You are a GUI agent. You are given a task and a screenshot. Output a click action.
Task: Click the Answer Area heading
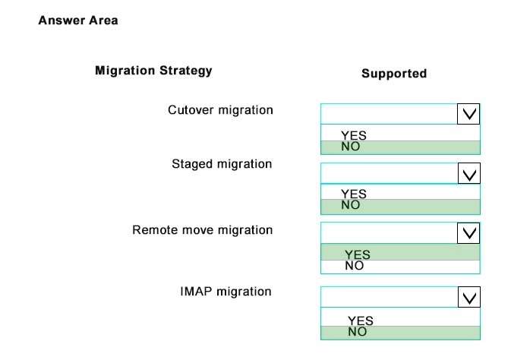click(x=78, y=21)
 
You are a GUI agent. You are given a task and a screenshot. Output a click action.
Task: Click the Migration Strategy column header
click(x=153, y=71)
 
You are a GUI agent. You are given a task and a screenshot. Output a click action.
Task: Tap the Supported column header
click(x=394, y=74)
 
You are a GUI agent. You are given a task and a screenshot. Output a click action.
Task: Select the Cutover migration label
click(x=220, y=110)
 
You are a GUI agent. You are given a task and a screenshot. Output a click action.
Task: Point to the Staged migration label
click(x=222, y=164)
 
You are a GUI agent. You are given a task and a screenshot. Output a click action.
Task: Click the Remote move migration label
click(x=203, y=230)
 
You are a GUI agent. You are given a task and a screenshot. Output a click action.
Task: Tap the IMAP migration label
click(x=226, y=291)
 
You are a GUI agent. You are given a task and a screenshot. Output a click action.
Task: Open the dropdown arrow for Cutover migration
click(x=468, y=114)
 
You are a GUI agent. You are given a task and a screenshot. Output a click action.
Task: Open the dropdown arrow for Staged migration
click(x=469, y=173)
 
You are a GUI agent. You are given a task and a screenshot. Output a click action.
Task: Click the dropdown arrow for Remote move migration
click(x=468, y=233)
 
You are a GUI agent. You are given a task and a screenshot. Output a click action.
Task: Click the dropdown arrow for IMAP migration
click(x=469, y=297)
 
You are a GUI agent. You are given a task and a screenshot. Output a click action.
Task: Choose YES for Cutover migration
click(x=354, y=135)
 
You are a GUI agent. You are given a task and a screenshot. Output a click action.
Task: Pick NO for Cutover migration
click(x=350, y=147)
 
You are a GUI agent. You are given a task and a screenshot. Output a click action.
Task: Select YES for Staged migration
click(x=354, y=194)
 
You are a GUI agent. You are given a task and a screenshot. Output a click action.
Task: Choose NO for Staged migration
click(x=350, y=205)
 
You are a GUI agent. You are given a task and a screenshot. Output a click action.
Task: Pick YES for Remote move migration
click(x=358, y=254)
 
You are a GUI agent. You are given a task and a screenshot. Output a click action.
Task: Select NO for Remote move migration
click(x=355, y=266)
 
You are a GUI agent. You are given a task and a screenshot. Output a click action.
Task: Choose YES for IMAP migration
click(x=361, y=321)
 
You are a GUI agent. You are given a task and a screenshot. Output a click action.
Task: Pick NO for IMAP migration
click(x=357, y=332)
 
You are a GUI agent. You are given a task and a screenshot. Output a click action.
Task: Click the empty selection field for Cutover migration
click(x=389, y=114)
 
